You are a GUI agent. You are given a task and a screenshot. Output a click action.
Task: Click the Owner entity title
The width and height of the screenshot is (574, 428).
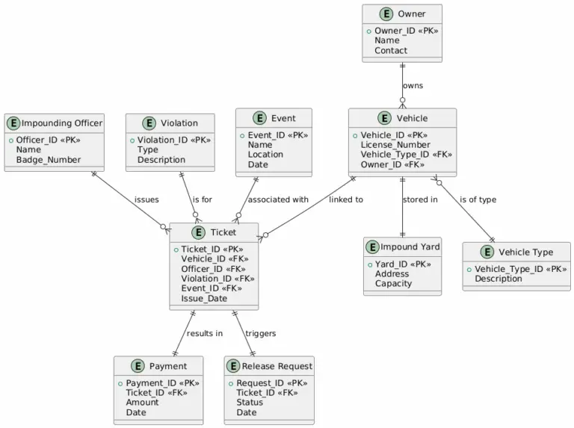412,14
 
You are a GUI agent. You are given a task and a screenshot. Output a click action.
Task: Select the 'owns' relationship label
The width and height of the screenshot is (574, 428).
413,85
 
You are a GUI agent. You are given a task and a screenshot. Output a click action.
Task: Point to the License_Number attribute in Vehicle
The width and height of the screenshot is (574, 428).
395,145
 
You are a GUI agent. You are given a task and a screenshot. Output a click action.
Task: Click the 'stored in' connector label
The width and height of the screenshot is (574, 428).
420,199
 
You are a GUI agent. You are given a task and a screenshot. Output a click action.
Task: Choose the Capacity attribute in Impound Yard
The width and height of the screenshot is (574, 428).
393,284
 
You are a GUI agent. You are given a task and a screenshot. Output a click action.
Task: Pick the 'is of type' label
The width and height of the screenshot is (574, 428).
478,199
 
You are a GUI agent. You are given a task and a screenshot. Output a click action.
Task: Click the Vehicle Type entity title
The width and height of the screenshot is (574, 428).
525,252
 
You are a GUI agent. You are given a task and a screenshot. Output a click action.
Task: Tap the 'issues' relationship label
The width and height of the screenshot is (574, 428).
146,199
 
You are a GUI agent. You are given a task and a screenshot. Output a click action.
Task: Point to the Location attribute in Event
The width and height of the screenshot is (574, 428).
265,155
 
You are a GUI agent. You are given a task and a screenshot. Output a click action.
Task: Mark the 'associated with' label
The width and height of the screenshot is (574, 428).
278,199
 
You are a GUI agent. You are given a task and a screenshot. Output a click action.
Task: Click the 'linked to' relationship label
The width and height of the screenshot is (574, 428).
346,199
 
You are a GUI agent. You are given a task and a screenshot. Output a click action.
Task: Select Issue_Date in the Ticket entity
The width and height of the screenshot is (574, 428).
204,299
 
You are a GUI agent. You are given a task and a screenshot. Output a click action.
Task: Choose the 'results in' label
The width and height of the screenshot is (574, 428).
205,333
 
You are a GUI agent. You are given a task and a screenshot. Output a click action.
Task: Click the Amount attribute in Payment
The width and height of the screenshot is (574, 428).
142,402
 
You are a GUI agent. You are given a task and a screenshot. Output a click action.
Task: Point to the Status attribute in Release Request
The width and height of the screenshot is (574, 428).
250,402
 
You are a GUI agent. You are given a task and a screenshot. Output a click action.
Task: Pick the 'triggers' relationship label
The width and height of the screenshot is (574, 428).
260,333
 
